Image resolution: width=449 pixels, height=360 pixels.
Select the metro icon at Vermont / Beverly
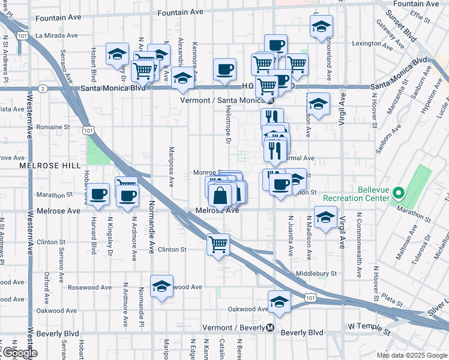pyautogui.click(x=271, y=328)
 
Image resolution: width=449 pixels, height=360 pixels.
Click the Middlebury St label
pyautogui.click(x=316, y=274)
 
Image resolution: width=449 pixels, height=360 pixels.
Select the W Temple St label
pyautogui.click(x=370, y=327)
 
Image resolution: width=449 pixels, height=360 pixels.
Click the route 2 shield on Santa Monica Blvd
pyautogui.click(x=43, y=88)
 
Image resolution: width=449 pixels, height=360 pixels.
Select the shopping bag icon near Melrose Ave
pyautogui.click(x=221, y=195)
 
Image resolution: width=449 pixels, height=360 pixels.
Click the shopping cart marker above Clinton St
pyautogui.click(x=217, y=244)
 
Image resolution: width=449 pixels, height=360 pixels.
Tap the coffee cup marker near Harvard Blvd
pyautogui.click(x=98, y=194)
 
